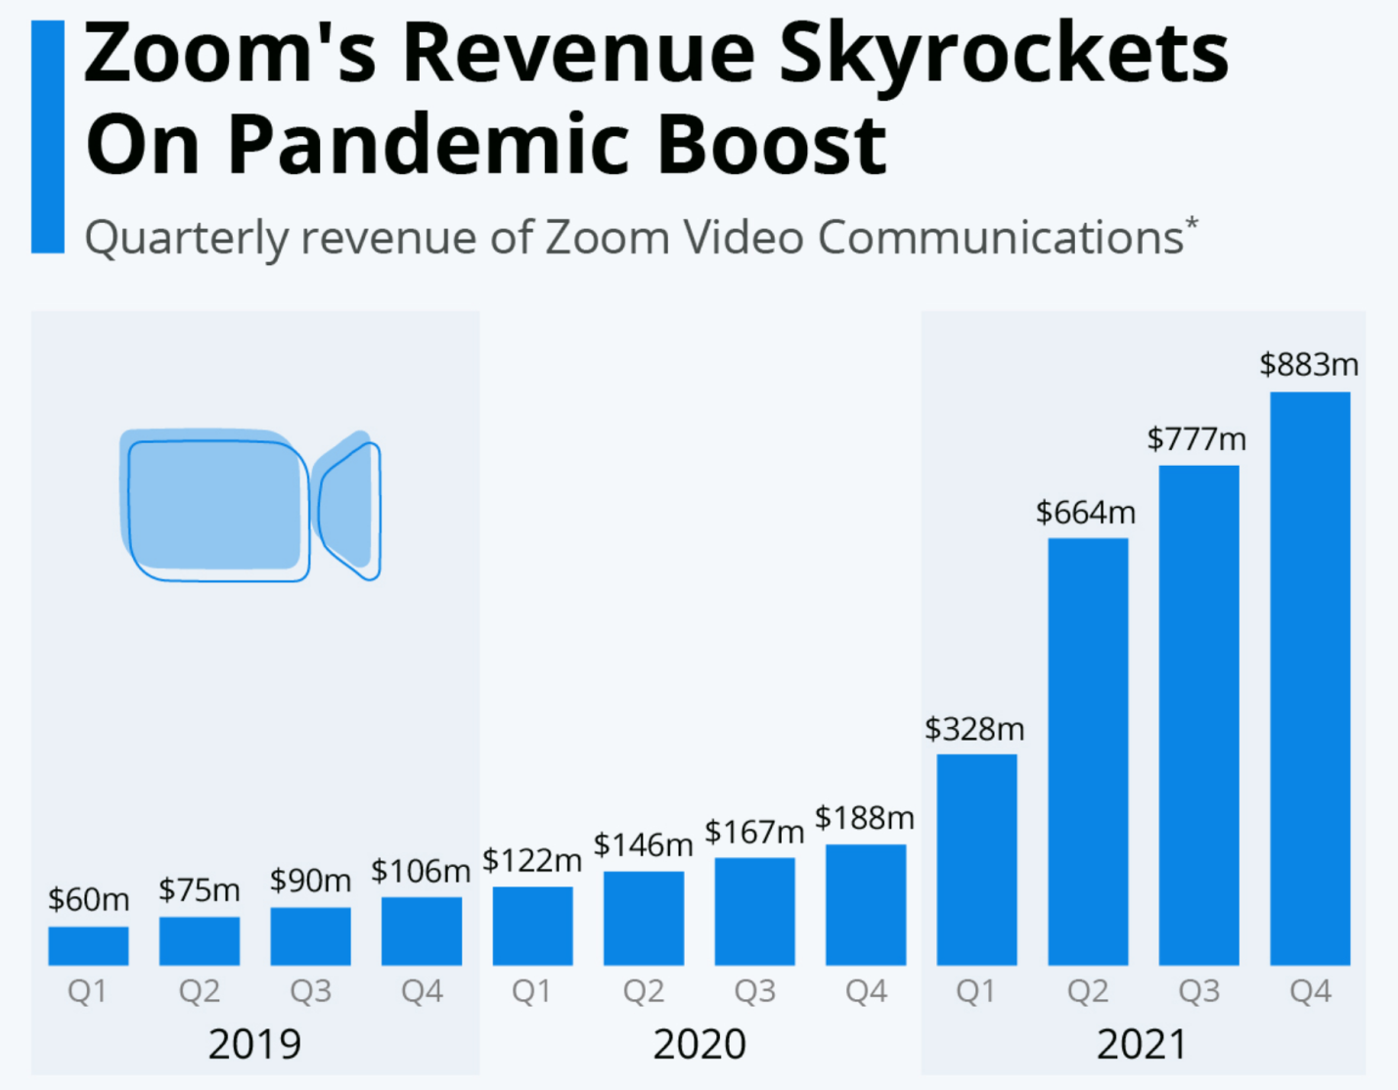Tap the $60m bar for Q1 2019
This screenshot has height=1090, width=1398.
click(x=88, y=945)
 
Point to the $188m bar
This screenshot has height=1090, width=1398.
click(x=866, y=905)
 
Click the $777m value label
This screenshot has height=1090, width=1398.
click(x=1197, y=439)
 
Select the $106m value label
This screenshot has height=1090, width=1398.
click(x=421, y=871)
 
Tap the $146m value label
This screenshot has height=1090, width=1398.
click(x=643, y=844)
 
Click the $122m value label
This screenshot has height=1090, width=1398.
click(x=531, y=861)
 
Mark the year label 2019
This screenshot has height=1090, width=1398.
click(x=254, y=1045)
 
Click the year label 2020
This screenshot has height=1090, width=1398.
click(x=699, y=1045)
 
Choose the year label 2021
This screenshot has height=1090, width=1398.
click(x=1142, y=1045)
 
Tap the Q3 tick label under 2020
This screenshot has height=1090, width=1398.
click(x=754, y=992)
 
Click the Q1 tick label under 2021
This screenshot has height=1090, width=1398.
click(x=976, y=992)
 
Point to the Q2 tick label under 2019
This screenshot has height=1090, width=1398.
click(x=200, y=992)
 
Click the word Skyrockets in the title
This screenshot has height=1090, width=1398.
click(x=1004, y=54)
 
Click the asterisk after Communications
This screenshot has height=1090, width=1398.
click(x=1192, y=224)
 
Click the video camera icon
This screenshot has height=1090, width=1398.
click(x=249, y=505)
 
